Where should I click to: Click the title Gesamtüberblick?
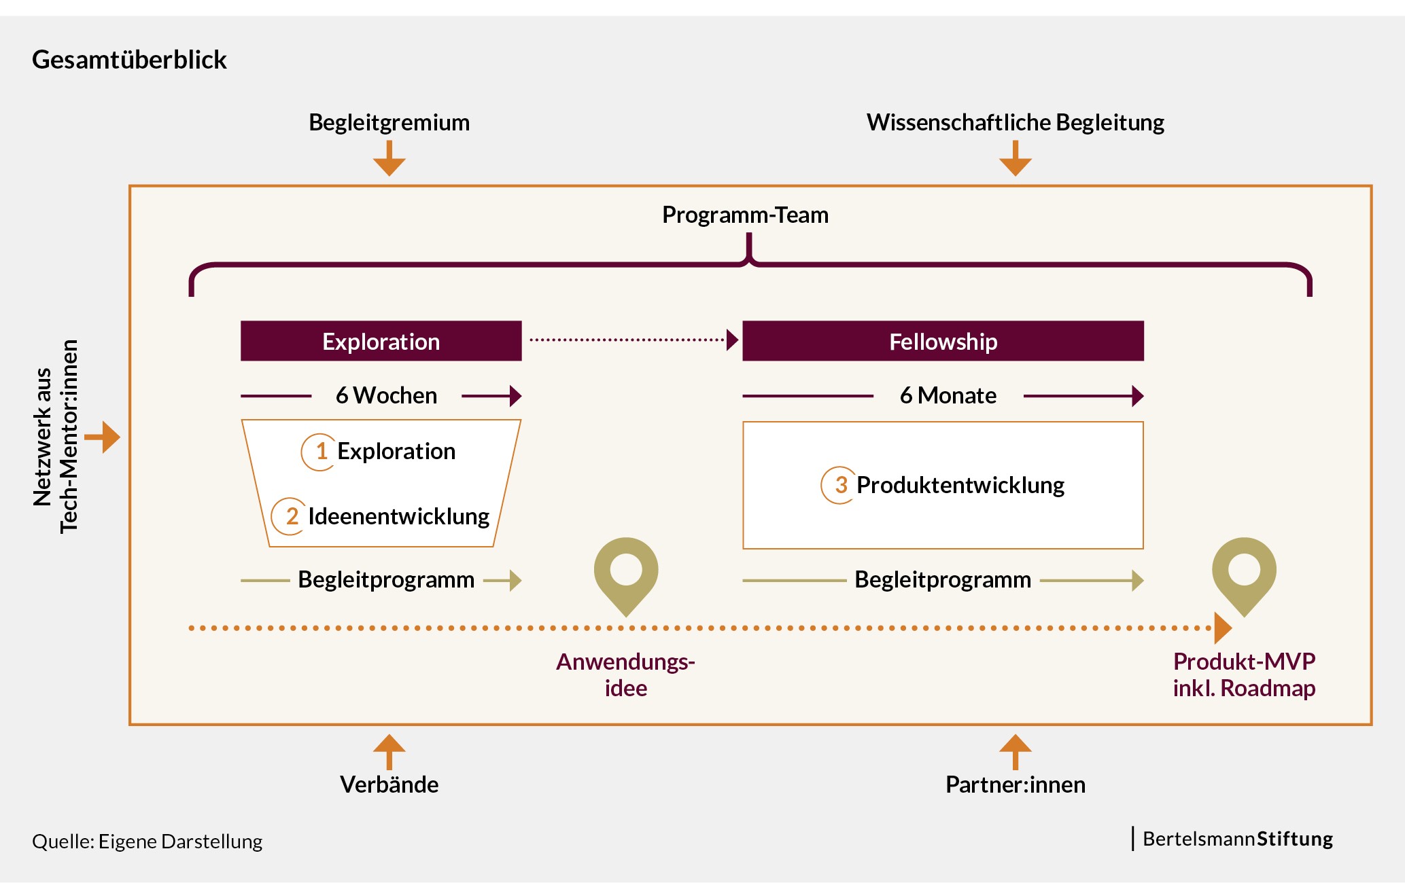click(129, 60)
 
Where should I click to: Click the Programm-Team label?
click(745, 215)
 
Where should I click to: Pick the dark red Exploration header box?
click(381, 341)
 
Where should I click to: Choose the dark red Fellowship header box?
click(943, 341)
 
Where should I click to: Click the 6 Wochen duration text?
click(386, 395)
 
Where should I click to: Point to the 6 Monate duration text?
click(948, 395)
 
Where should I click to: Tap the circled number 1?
click(320, 452)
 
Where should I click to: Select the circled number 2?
click(290, 516)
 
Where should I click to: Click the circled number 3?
click(840, 485)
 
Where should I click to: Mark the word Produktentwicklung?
click(960, 485)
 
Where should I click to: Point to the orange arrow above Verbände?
click(389, 751)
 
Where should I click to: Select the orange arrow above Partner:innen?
click(1016, 751)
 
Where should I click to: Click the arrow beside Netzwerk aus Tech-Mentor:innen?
click(103, 437)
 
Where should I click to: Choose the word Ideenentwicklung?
click(398, 516)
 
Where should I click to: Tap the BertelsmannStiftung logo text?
click(1237, 839)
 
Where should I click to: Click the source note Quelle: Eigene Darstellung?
click(147, 842)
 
